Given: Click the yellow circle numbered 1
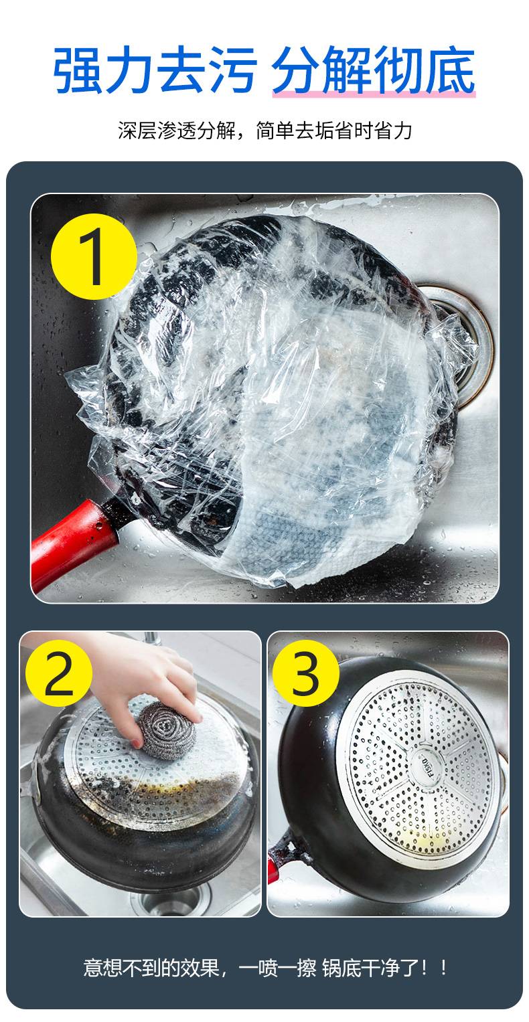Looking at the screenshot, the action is click(94, 256).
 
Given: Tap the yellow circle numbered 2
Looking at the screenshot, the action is click(58, 673).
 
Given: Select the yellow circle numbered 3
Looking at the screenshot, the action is click(305, 673).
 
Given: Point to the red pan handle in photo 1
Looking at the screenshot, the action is click(73, 543).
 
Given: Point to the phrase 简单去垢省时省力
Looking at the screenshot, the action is click(334, 131).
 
